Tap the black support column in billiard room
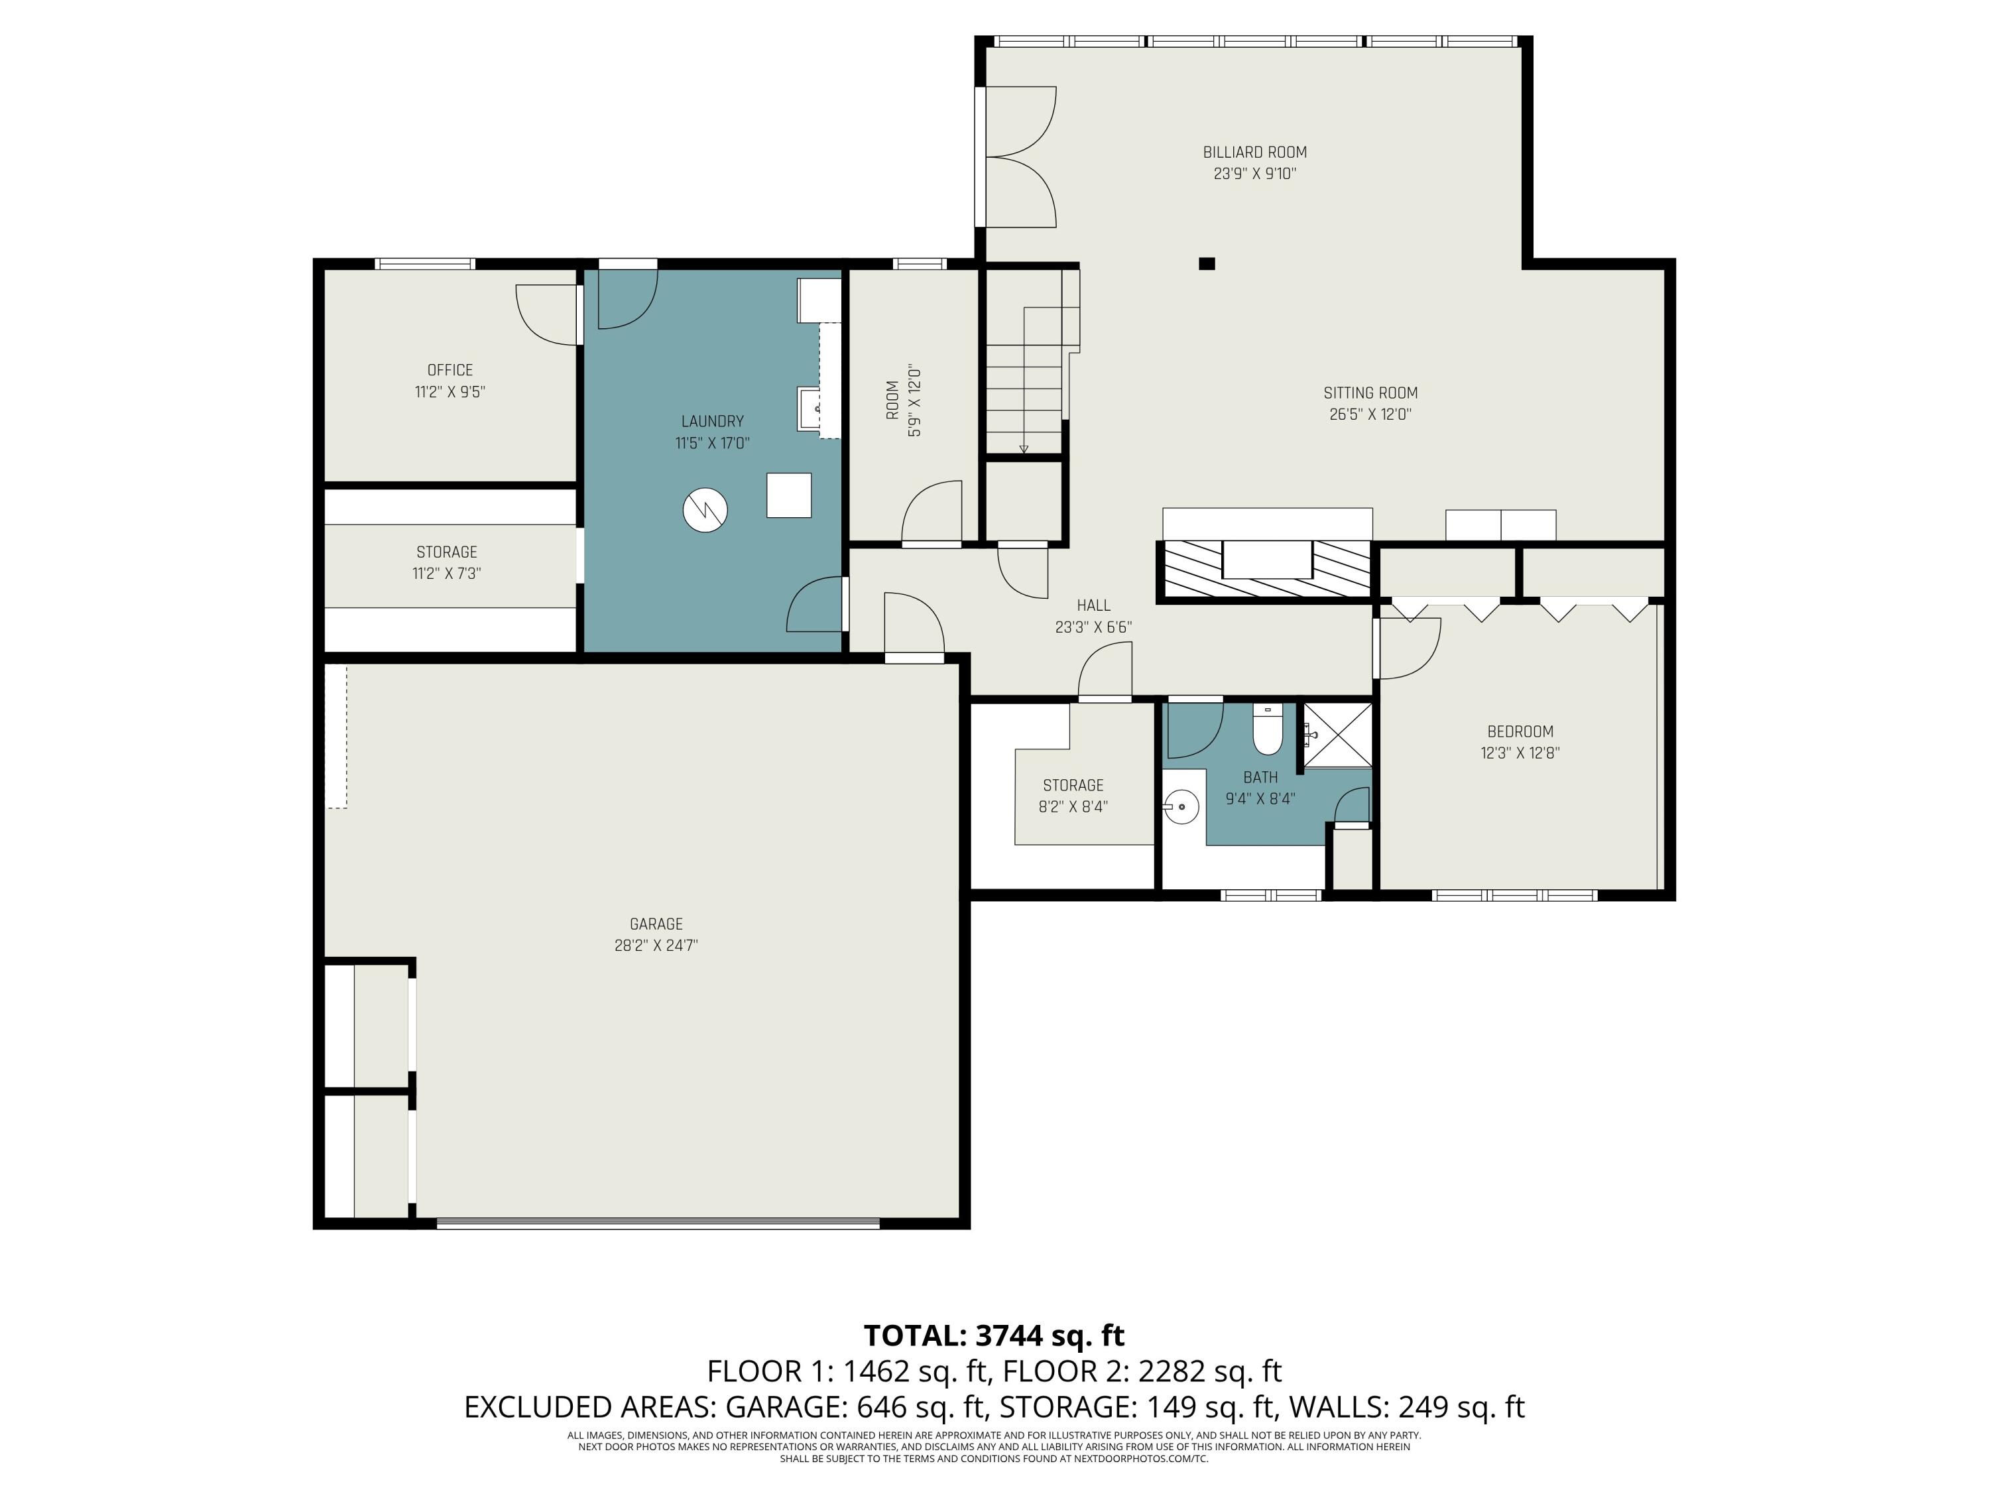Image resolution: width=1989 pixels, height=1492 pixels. coord(1207,263)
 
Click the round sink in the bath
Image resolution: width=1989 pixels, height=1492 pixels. coord(1182,807)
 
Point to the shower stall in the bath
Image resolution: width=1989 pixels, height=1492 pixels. coord(1337,735)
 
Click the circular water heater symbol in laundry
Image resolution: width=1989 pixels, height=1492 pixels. coord(704,510)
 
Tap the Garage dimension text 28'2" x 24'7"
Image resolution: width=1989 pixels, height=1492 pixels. coord(656,945)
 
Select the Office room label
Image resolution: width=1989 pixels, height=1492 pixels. coord(450,369)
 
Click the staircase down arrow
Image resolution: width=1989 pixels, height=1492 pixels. coord(1023,447)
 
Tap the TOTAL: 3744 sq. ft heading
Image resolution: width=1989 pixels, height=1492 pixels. coord(994,1336)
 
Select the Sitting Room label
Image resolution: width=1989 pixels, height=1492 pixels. coord(1370,393)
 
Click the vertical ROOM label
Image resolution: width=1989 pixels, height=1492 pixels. coord(892,401)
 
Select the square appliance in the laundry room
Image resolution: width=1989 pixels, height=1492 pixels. coord(788,495)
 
